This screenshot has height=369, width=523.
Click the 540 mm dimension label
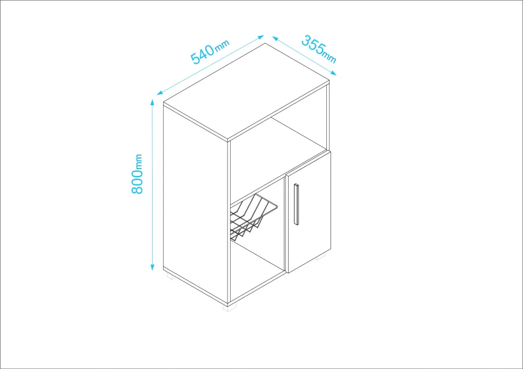210,52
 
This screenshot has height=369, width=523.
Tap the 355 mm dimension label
319,49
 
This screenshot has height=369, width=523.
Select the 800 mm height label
137,174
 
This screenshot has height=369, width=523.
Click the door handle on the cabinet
296,204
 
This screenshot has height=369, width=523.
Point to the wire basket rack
252,216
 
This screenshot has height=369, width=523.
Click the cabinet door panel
308,211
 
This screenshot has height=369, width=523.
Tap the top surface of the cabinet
246,92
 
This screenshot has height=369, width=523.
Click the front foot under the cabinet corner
230,307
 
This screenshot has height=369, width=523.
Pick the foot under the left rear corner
170,276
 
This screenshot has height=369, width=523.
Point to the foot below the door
321,256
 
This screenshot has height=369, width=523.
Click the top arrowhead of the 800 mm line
152,102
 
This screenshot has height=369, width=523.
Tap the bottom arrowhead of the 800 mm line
152,267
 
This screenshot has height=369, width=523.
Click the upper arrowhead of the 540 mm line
261,37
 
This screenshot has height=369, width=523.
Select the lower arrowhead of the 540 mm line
160,93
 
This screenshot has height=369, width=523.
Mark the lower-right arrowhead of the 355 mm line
333,73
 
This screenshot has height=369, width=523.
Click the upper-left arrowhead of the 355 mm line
276,38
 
